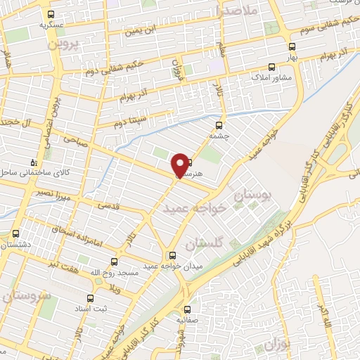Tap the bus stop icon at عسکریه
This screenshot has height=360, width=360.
(x=51, y=14)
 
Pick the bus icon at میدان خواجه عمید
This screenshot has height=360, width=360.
(x=172, y=255)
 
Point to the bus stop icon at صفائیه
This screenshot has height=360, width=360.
(x=187, y=309)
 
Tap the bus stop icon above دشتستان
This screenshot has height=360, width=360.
(x=16, y=234)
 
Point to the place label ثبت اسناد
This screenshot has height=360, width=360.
(x=91, y=307)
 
